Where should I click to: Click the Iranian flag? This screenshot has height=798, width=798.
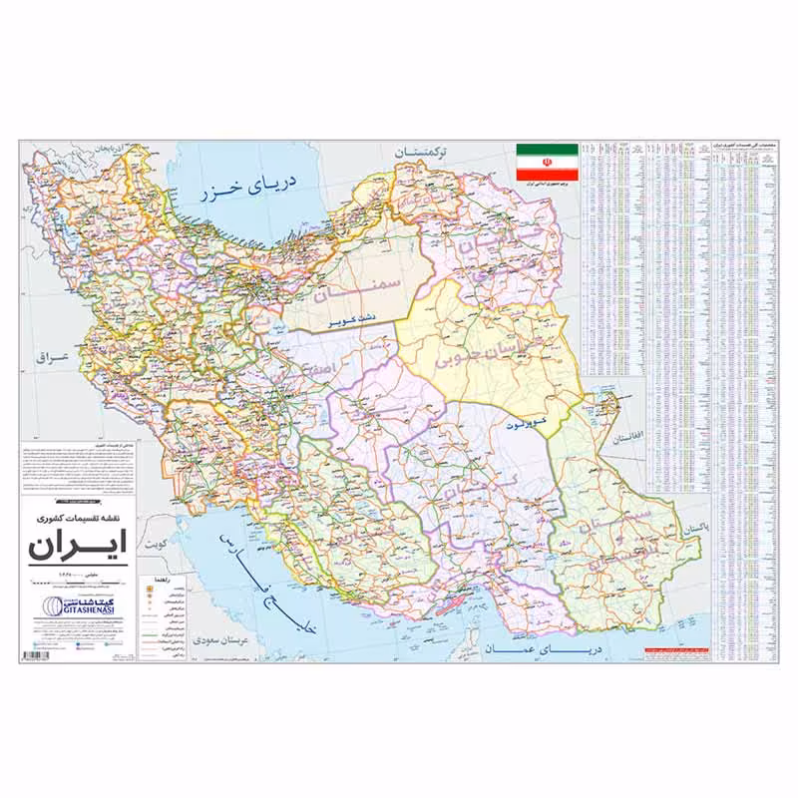(x=547, y=162)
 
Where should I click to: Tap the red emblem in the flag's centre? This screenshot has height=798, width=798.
(x=547, y=162)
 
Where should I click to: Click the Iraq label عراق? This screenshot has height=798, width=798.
(x=49, y=356)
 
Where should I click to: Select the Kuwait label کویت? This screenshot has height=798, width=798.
(x=156, y=546)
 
